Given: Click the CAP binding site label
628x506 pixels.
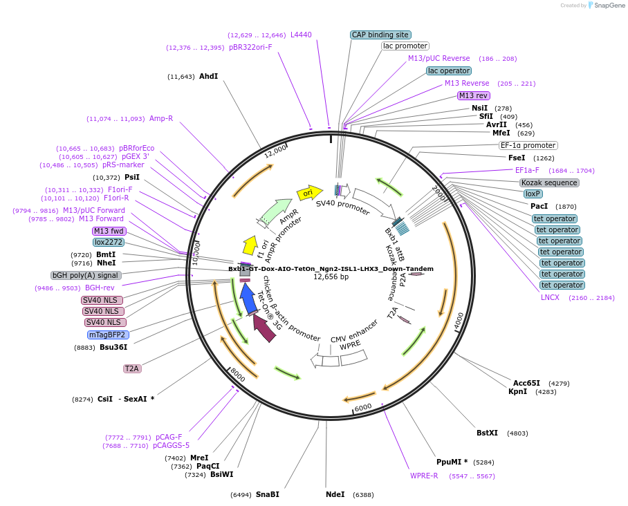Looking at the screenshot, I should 380,35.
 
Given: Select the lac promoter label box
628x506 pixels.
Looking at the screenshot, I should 405,46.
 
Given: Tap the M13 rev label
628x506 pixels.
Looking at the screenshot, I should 474,95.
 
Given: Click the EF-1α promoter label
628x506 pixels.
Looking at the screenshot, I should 528,145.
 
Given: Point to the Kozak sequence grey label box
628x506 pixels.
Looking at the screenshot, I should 549,182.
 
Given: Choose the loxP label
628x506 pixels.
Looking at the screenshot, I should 532,194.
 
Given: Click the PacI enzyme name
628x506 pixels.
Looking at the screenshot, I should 539,206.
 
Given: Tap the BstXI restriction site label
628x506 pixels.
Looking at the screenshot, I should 487,433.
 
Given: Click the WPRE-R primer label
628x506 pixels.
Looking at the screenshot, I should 424,476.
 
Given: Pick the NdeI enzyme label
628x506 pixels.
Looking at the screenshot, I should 335,494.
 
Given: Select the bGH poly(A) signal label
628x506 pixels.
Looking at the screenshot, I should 85,275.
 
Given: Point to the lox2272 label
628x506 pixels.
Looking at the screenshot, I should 109,242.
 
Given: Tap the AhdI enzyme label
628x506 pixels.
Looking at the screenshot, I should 208,76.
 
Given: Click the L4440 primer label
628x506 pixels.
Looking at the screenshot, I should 301,35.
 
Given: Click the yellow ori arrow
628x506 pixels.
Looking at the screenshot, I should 310,192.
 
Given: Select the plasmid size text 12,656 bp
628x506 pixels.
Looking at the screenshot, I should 331,277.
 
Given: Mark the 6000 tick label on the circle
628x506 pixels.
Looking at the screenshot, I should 363,408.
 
